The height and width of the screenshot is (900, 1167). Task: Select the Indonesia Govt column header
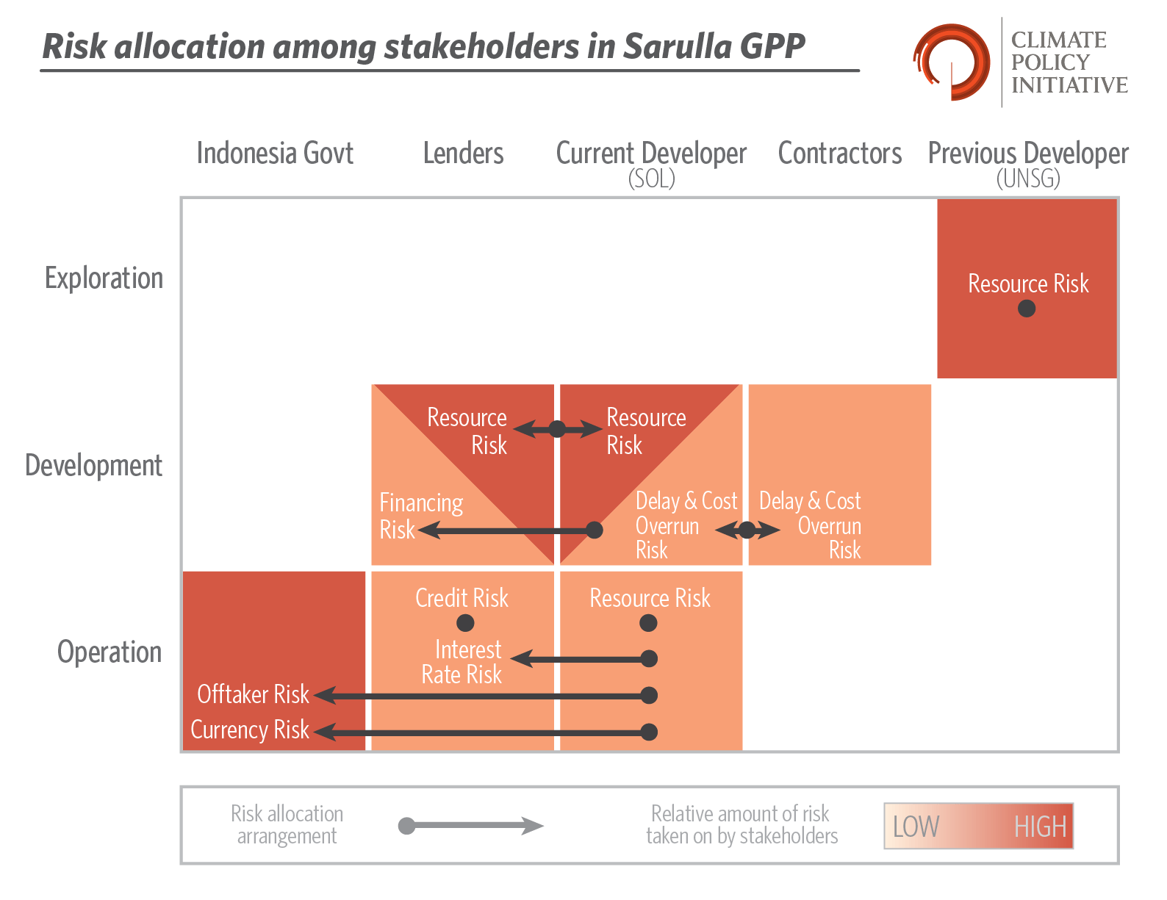tap(275, 154)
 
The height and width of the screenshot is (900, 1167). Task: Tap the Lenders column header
tap(463, 154)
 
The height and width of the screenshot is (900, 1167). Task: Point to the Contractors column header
tap(839, 154)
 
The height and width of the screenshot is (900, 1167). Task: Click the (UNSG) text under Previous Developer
tap(1028, 179)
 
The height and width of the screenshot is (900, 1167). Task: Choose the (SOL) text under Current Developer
tap(651, 179)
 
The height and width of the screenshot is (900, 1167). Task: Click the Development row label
tap(93, 465)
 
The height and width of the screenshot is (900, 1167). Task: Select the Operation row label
tap(109, 652)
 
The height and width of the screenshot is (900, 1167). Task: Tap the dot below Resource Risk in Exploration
tap(1027, 309)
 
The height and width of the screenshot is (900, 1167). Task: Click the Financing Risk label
tap(421, 516)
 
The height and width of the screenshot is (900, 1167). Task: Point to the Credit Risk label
tap(462, 598)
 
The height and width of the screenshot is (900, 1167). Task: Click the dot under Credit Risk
tap(465, 623)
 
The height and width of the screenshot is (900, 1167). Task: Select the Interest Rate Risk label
tap(462, 662)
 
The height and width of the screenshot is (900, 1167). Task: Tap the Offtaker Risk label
tap(253, 694)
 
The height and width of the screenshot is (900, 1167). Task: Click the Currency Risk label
tap(250, 730)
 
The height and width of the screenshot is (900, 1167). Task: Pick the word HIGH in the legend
tap(1041, 827)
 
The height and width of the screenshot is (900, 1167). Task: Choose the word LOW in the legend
tap(916, 827)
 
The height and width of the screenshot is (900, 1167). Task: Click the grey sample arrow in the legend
tap(471, 825)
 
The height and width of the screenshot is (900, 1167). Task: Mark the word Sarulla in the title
tap(677, 46)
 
